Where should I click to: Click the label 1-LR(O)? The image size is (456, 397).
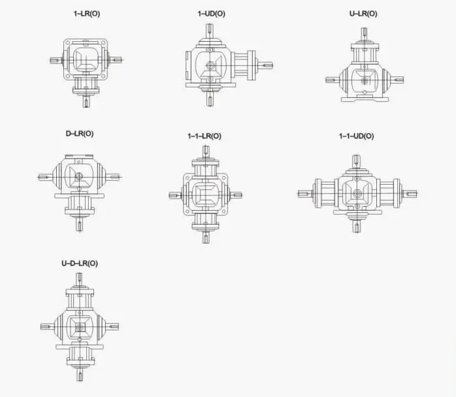[x=87, y=14]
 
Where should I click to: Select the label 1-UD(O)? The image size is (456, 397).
[x=212, y=14]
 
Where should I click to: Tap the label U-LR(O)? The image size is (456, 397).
[x=363, y=14]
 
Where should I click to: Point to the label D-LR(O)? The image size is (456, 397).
[x=80, y=134]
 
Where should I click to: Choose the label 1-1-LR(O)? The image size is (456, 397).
[x=204, y=136]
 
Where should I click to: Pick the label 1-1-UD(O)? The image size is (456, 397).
[x=357, y=136]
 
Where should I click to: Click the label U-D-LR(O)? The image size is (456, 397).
[x=80, y=263]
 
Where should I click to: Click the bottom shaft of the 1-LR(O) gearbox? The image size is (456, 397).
[x=86, y=101]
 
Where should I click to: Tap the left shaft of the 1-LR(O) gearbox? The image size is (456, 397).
[x=56, y=61]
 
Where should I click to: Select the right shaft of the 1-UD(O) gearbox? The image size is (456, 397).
[x=265, y=65]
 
